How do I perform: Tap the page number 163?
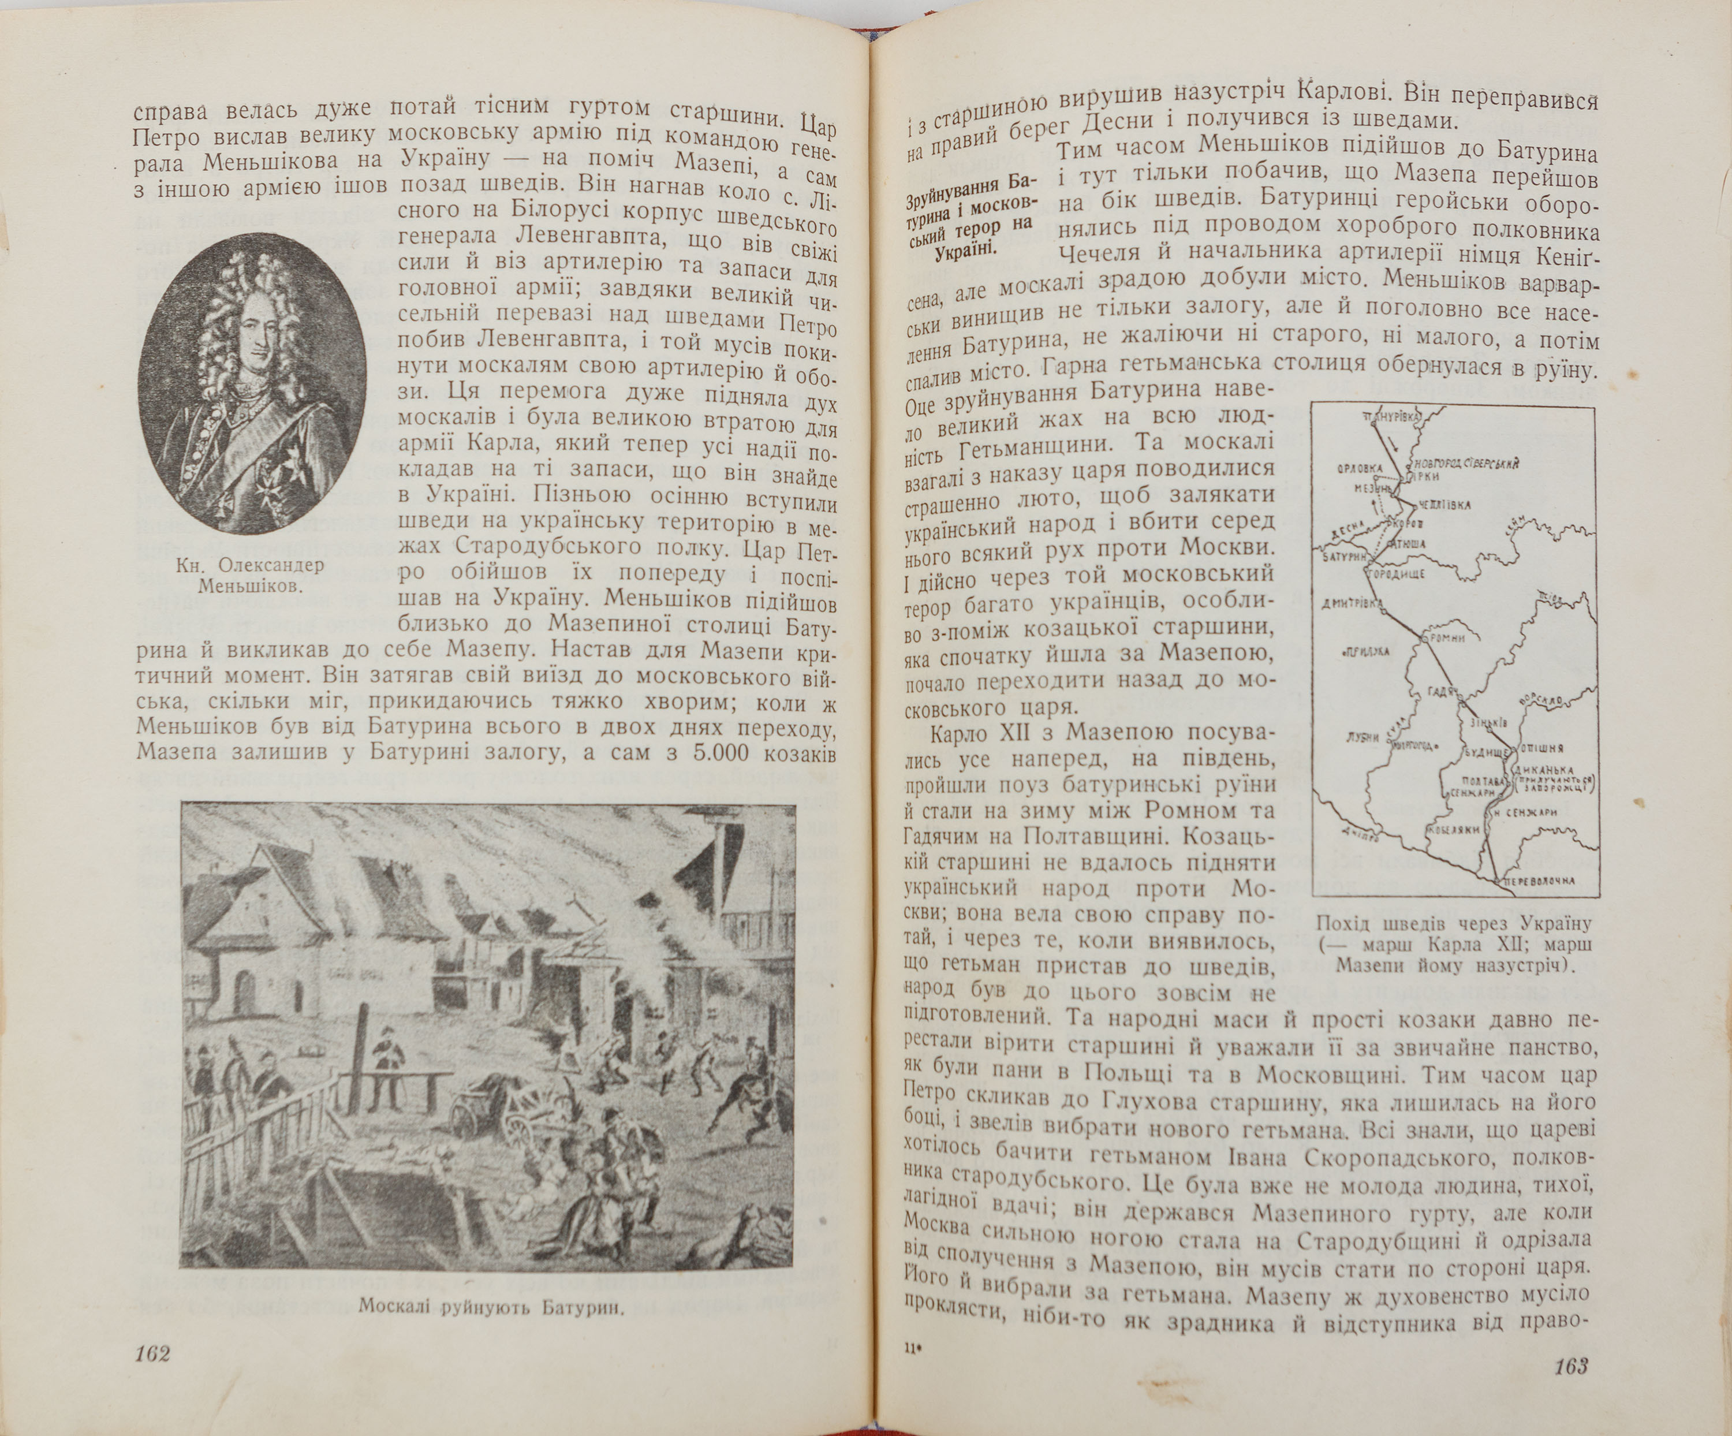pos(1570,1366)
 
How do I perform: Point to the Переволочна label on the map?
pos(1540,881)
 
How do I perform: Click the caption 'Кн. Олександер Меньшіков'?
pos(251,576)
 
